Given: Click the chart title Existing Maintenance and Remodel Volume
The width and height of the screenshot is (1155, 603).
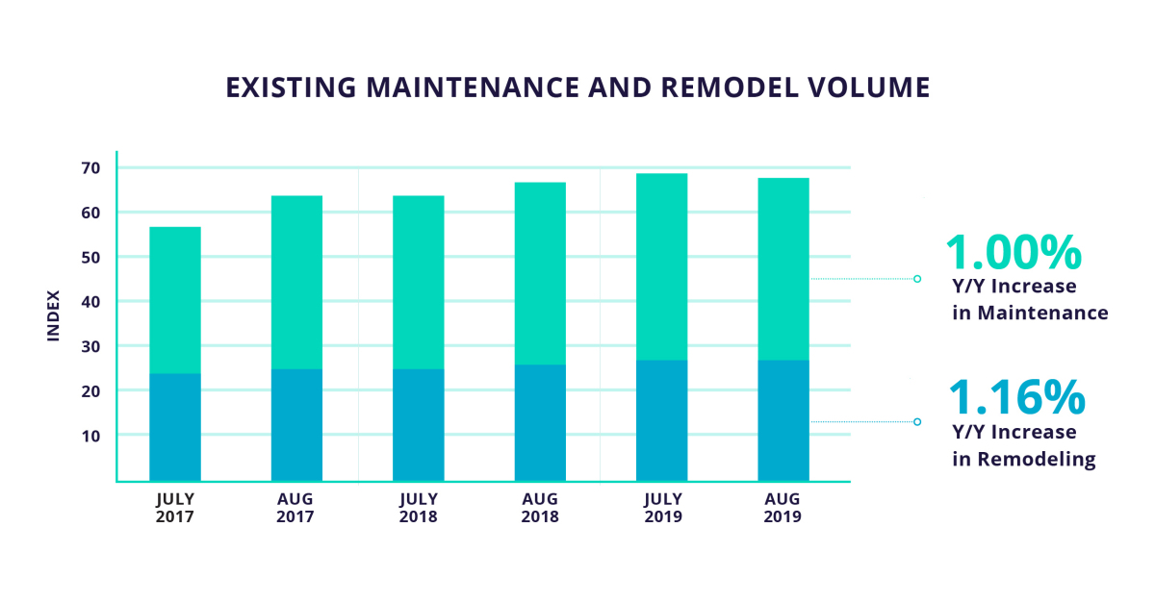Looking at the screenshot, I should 577,88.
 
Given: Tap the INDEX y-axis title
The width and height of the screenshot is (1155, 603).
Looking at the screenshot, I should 54,314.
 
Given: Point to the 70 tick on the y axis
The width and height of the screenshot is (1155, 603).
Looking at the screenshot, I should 91,168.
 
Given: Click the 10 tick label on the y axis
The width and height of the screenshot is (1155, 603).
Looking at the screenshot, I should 91,436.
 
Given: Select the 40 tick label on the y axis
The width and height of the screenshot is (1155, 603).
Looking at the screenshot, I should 91,302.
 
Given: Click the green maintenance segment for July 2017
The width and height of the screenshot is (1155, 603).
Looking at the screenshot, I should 175,300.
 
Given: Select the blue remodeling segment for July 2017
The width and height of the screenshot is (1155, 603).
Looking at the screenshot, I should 175,427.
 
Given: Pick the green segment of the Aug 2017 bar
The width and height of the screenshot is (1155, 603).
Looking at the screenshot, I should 296,282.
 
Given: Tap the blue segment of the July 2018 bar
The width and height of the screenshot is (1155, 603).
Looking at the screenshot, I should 418,424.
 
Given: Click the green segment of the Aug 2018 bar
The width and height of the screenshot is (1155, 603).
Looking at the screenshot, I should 540,273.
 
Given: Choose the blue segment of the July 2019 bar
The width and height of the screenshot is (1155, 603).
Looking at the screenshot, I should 661,420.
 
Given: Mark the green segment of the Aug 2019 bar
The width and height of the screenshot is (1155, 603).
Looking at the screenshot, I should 783,269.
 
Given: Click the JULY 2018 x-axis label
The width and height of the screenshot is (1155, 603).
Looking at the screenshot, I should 418,508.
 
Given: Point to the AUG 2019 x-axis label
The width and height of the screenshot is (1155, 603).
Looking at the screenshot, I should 783,508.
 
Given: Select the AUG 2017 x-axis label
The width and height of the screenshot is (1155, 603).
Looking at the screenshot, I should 296,508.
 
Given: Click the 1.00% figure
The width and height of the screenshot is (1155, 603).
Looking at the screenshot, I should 1014,252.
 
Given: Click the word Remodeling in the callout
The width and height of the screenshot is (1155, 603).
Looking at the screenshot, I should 1036,460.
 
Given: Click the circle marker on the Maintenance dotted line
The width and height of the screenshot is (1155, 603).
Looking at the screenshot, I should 917,279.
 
